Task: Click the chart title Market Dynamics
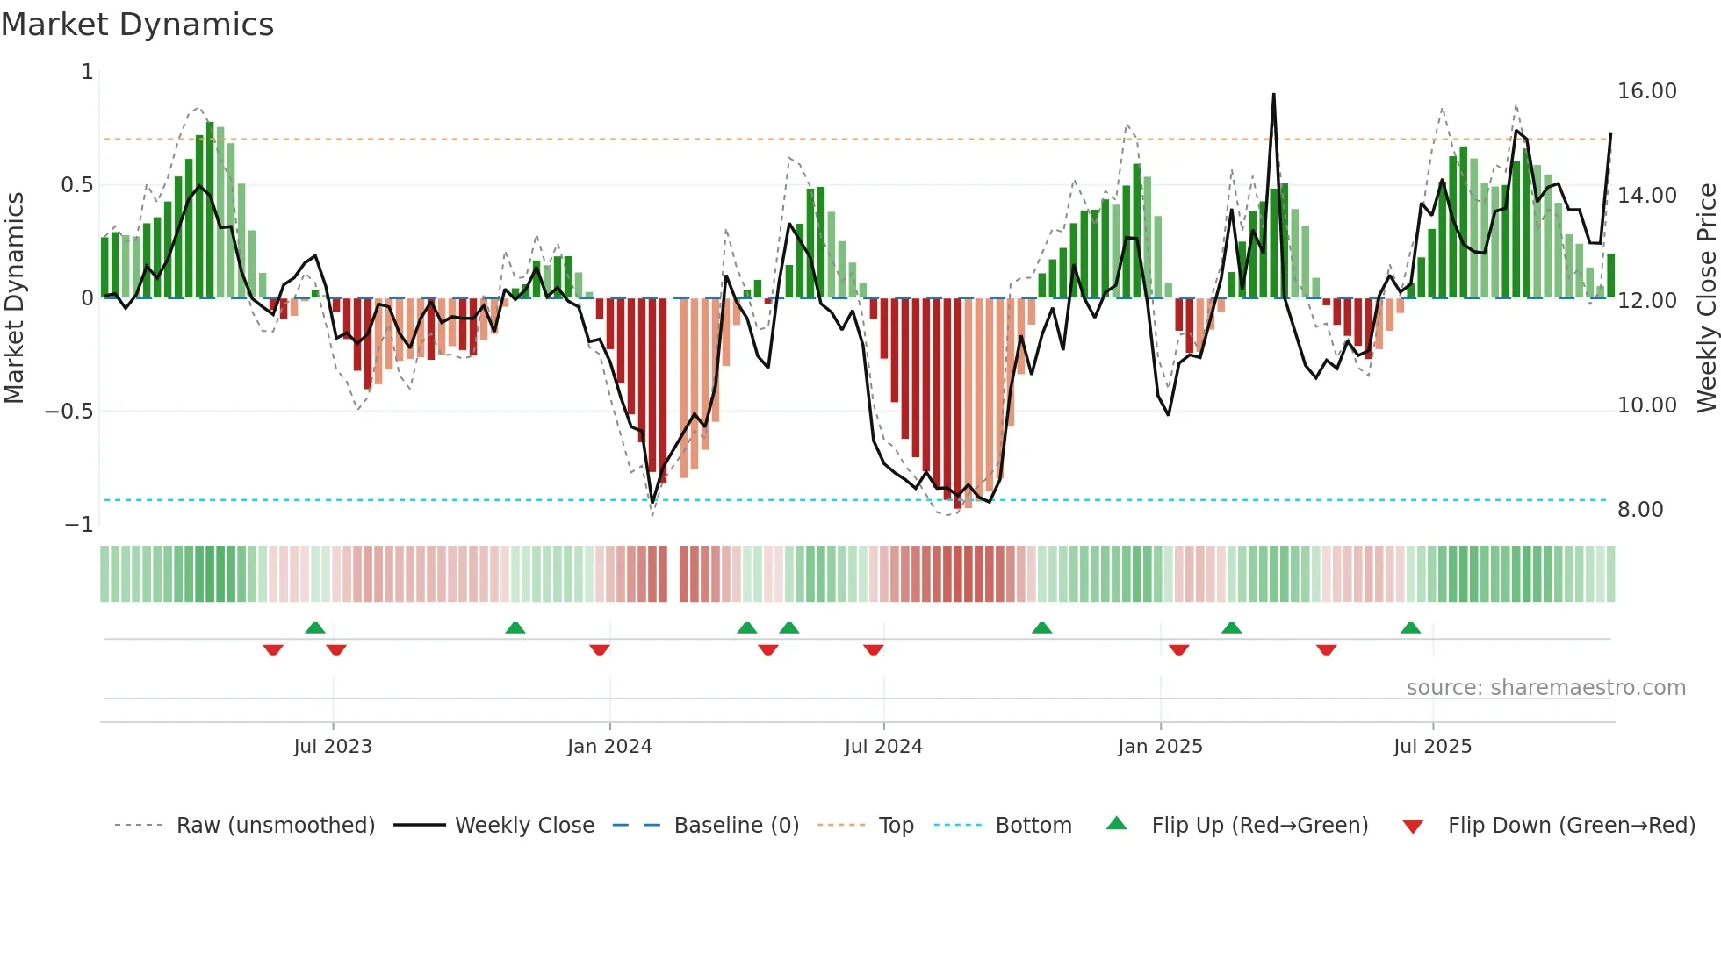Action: coord(137,25)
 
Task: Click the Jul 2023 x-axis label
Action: coord(333,747)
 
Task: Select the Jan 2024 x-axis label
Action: coord(609,747)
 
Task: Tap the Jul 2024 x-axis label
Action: coord(883,747)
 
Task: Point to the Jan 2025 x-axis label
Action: coord(1160,747)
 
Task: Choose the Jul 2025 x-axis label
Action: coord(1432,747)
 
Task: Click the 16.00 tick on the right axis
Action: coord(1646,91)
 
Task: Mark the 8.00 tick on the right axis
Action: coord(1640,510)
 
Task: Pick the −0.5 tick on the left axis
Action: coord(68,412)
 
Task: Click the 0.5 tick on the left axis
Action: coord(76,185)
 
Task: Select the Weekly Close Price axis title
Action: coord(1706,297)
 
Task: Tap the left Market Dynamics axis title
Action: coord(14,297)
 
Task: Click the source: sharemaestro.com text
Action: coord(1545,688)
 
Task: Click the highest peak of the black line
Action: coord(1273,95)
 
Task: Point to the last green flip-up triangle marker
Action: coord(1410,627)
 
